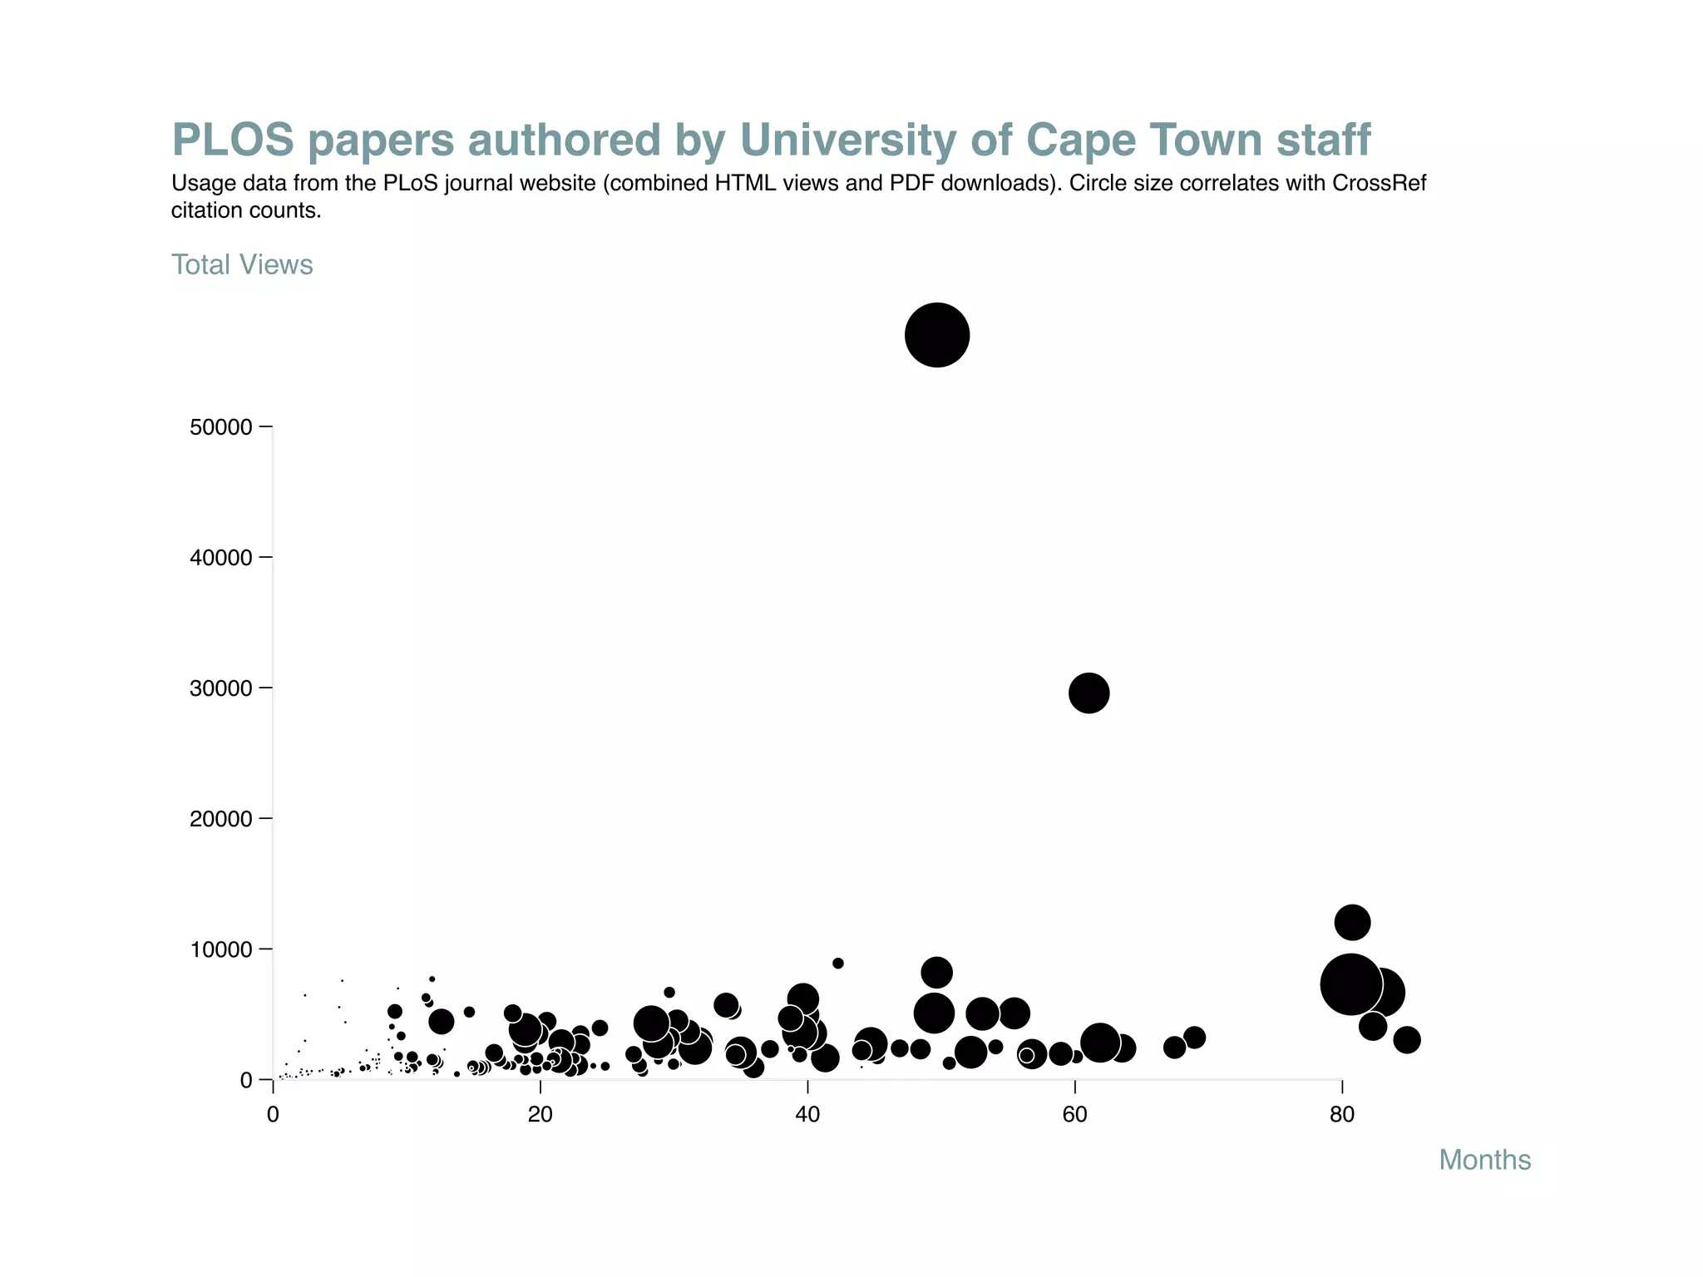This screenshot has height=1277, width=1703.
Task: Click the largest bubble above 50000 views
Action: click(x=936, y=335)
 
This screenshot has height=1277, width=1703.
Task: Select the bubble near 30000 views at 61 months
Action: click(x=1088, y=693)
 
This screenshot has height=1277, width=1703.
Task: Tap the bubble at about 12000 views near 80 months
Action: click(x=1352, y=922)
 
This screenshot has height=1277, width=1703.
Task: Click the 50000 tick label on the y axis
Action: click(x=220, y=427)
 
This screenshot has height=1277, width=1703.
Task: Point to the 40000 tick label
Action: click(x=220, y=558)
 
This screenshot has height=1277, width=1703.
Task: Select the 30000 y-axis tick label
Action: click(x=220, y=688)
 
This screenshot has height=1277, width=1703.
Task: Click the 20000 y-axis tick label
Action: click(x=220, y=819)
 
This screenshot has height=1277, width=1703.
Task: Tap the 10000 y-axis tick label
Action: click(x=220, y=949)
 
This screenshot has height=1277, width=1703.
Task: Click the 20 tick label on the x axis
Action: click(x=541, y=1115)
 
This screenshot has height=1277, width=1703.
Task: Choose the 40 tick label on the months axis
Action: click(x=807, y=1115)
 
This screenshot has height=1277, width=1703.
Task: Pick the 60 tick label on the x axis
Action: click(x=1074, y=1115)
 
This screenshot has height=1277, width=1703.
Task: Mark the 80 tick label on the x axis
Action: click(x=1342, y=1115)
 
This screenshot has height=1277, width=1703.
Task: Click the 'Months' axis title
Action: click(x=1484, y=1160)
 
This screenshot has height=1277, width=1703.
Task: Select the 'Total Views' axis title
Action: click(x=242, y=264)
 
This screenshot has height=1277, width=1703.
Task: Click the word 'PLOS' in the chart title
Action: click(x=233, y=140)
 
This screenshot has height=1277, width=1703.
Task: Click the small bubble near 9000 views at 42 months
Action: click(x=837, y=963)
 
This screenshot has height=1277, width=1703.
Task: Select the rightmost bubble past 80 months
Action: click(x=1406, y=1039)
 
